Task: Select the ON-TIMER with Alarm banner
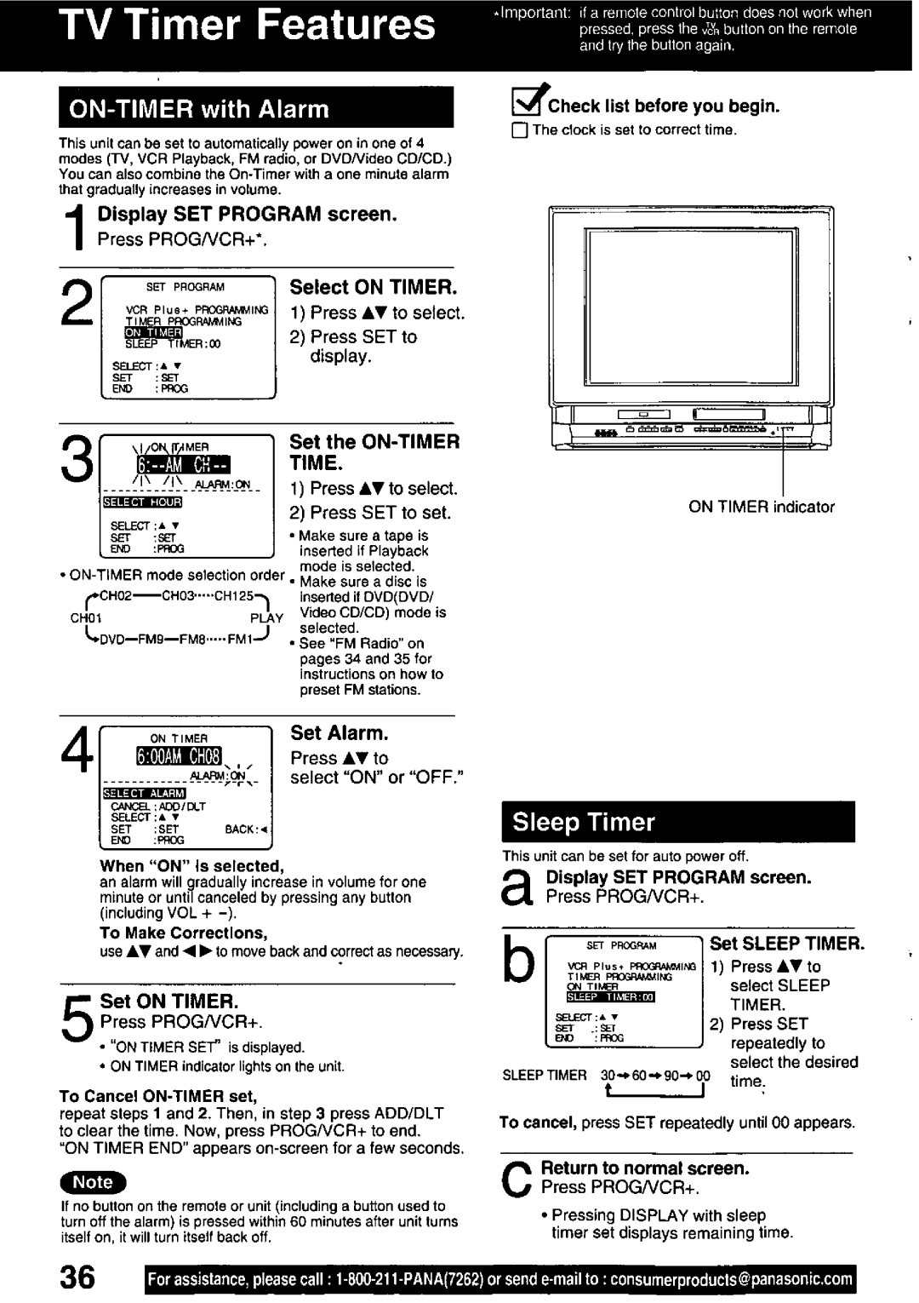coord(255,109)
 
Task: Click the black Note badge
coord(93,1182)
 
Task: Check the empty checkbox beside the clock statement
coord(521,131)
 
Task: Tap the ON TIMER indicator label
coord(762,507)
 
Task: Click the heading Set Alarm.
coord(340,733)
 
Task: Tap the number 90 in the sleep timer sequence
coord(672,1076)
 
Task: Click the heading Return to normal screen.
coord(645,1168)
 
